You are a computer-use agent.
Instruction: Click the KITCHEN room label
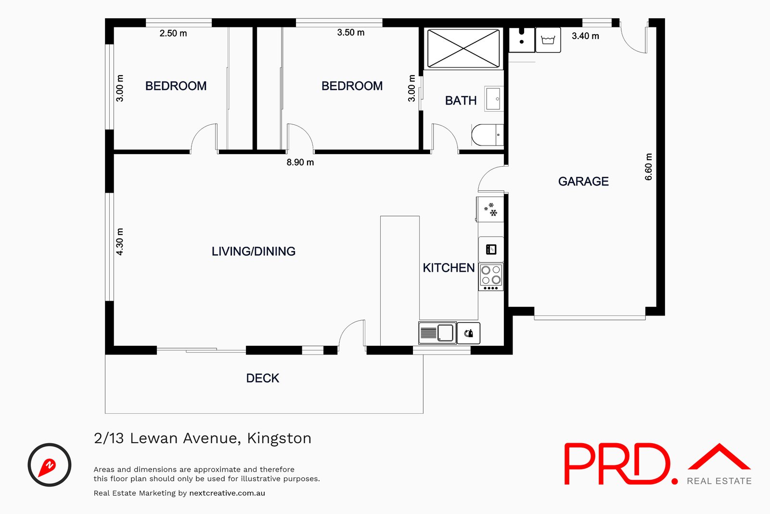pyautogui.click(x=449, y=268)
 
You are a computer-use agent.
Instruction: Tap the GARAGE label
pyautogui.click(x=583, y=182)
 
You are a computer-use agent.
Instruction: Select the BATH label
pyautogui.click(x=461, y=101)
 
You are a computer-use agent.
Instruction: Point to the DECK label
pyautogui.click(x=262, y=378)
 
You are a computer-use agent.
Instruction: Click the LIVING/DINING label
pyautogui.click(x=253, y=251)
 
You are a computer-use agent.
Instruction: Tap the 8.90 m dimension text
pyautogui.click(x=300, y=162)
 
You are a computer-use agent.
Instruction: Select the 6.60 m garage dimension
pyautogui.click(x=649, y=167)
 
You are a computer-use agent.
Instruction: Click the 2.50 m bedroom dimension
pyautogui.click(x=173, y=33)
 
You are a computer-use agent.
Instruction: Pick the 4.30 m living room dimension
pyautogui.click(x=120, y=241)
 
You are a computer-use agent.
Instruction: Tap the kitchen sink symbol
pyautogui.click(x=437, y=333)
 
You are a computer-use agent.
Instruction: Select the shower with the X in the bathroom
pyautogui.click(x=463, y=49)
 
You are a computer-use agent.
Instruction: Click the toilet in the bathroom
pyautogui.click(x=487, y=135)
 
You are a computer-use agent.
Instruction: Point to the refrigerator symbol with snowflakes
pyautogui.click(x=490, y=210)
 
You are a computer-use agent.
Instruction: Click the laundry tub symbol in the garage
pyautogui.click(x=548, y=40)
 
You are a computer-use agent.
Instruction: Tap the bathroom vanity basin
pyautogui.click(x=493, y=99)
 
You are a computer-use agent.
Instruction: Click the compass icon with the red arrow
pyautogui.click(x=50, y=465)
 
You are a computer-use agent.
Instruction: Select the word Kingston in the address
pyautogui.click(x=279, y=438)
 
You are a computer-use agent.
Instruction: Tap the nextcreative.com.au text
pyautogui.click(x=227, y=493)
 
